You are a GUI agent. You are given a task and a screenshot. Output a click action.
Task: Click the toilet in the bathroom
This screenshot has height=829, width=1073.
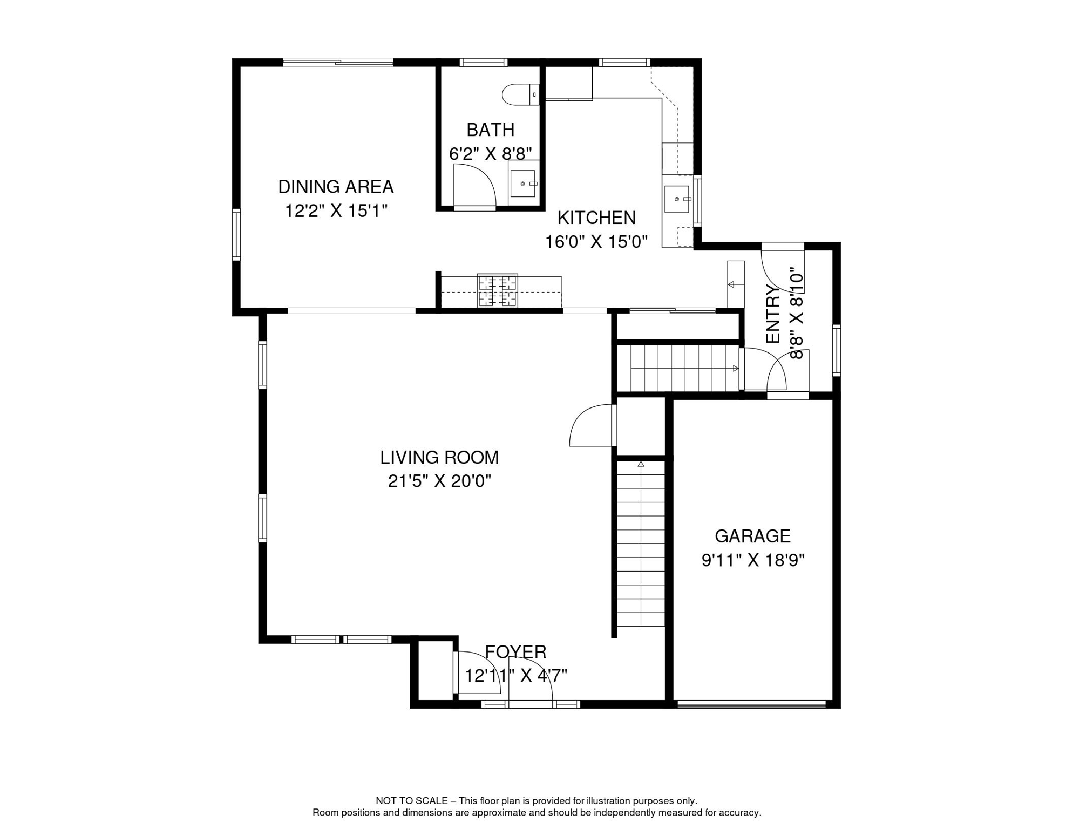click(521, 94)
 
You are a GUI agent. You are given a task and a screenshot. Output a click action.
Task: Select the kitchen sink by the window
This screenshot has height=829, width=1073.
click(677, 199)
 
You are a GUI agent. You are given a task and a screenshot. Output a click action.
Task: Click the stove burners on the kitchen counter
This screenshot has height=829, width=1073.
click(497, 290)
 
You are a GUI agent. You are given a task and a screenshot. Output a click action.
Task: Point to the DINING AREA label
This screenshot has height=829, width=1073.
click(336, 187)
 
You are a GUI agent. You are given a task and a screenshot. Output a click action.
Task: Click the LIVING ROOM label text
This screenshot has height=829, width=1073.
click(439, 458)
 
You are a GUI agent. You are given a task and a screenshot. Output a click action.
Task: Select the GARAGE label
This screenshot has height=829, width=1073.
click(753, 536)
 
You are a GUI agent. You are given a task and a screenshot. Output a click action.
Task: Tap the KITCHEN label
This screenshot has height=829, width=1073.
click(596, 218)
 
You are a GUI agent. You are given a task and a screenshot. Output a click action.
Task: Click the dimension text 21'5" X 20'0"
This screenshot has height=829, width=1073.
click(439, 481)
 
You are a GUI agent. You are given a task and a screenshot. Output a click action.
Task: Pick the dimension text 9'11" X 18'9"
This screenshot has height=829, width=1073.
click(753, 560)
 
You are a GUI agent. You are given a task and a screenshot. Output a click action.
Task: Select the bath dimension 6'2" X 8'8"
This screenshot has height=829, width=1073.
click(491, 154)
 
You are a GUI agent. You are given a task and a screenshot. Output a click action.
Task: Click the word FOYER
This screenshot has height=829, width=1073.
click(516, 652)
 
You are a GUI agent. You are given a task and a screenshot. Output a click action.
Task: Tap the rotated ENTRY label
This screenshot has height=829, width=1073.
click(773, 314)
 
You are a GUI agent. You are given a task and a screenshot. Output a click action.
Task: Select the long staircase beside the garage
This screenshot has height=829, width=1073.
click(641, 543)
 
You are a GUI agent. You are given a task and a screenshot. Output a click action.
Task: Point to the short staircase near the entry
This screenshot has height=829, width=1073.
click(684, 369)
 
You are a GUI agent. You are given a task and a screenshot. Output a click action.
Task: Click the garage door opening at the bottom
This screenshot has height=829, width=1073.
click(752, 704)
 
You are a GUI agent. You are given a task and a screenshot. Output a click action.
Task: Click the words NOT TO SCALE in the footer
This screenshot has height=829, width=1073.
click(412, 801)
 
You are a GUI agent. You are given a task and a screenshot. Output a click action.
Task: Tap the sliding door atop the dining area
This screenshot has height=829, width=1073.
click(338, 62)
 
